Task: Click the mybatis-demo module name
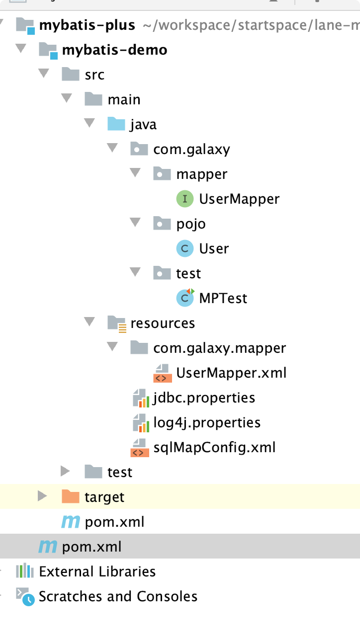coord(114,50)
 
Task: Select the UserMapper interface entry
coord(239,199)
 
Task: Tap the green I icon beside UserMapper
coord(185,199)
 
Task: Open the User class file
coord(214,248)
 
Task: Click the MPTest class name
coord(223,298)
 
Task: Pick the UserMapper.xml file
coord(231,373)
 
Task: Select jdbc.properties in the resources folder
coord(204,398)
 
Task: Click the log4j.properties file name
coord(207,422)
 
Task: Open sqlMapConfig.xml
coord(214,447)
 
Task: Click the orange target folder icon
coord(71,496)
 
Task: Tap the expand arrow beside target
coord(42,496)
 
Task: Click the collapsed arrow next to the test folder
coord(65,471)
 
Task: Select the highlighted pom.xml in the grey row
coord(91,547)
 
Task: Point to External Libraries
coord(97,571)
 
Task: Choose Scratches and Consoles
coord(118,596)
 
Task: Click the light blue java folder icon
coord(116,124)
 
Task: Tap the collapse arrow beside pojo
coord(135,223)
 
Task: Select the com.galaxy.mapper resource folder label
coord(219,348)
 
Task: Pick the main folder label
coord(124,99)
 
